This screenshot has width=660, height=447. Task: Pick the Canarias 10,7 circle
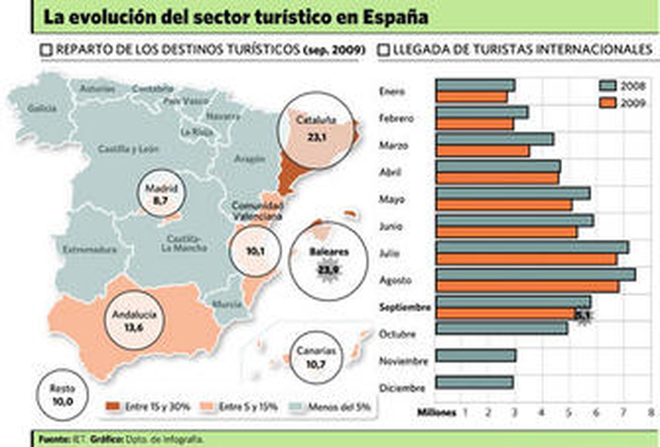point(316,357)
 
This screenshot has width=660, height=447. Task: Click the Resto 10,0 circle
point(62,395)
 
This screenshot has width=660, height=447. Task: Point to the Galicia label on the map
point(42,108)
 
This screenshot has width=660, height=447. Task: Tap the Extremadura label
point(90,249)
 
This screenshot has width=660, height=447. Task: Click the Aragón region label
point(250,158)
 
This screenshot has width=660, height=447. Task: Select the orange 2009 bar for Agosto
point(528,287)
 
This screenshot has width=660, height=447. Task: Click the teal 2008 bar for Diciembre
point(475,382)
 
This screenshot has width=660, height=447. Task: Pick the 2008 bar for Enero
point(476,85)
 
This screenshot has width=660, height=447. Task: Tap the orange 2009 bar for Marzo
point(483,151)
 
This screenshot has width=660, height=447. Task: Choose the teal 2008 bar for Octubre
point(502,328)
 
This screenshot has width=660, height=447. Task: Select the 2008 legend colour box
point(608,86)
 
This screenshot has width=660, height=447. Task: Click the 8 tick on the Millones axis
point(651,412)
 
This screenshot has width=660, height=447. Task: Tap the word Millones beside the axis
point(437,412)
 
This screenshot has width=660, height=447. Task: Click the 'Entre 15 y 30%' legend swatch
point(113,407)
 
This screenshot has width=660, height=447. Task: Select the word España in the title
point(396,18)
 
